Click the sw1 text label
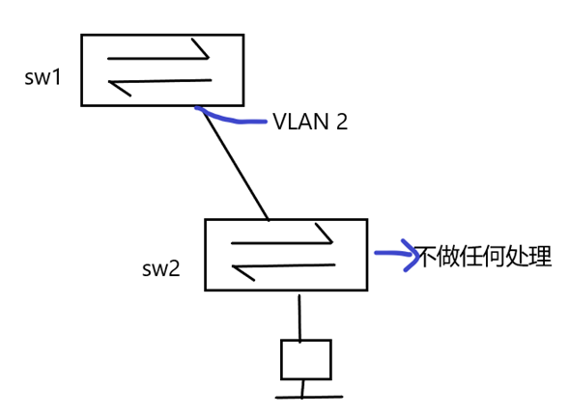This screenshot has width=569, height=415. (x=43, y=77)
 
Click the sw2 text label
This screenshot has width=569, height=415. (x=161, y=268)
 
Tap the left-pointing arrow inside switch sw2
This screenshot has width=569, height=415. (x=282, y=267)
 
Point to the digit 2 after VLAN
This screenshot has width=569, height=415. (x=341, y=122)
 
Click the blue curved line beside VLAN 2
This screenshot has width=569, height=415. (x=232, y=119)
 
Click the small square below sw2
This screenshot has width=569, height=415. (x=305, y=359)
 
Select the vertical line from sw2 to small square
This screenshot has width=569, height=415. (x=299, y=316)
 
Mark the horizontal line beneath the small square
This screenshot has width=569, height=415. (x=308, y=397)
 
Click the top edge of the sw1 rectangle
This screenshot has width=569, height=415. (x=161, y=36)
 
